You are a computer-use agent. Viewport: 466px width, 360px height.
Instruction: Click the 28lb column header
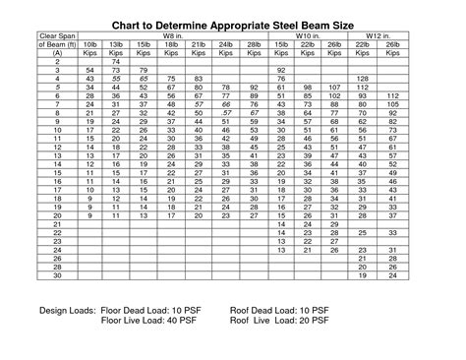[254, 44]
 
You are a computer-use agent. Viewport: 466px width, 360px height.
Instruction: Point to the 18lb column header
[172, 44]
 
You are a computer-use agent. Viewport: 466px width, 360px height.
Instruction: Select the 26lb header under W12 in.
[393, 44]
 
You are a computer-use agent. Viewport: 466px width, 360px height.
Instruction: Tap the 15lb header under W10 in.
[281, 44]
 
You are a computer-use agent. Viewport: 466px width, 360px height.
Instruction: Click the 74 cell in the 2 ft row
[117, 61]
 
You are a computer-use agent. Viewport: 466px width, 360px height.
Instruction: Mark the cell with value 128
[363, 78]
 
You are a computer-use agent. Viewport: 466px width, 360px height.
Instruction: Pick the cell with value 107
[336, 87]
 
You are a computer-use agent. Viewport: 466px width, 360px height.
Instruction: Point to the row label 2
[58, 61]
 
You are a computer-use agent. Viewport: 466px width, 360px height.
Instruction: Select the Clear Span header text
[58, 36]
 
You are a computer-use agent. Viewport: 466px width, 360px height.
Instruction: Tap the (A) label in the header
[58, 53]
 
